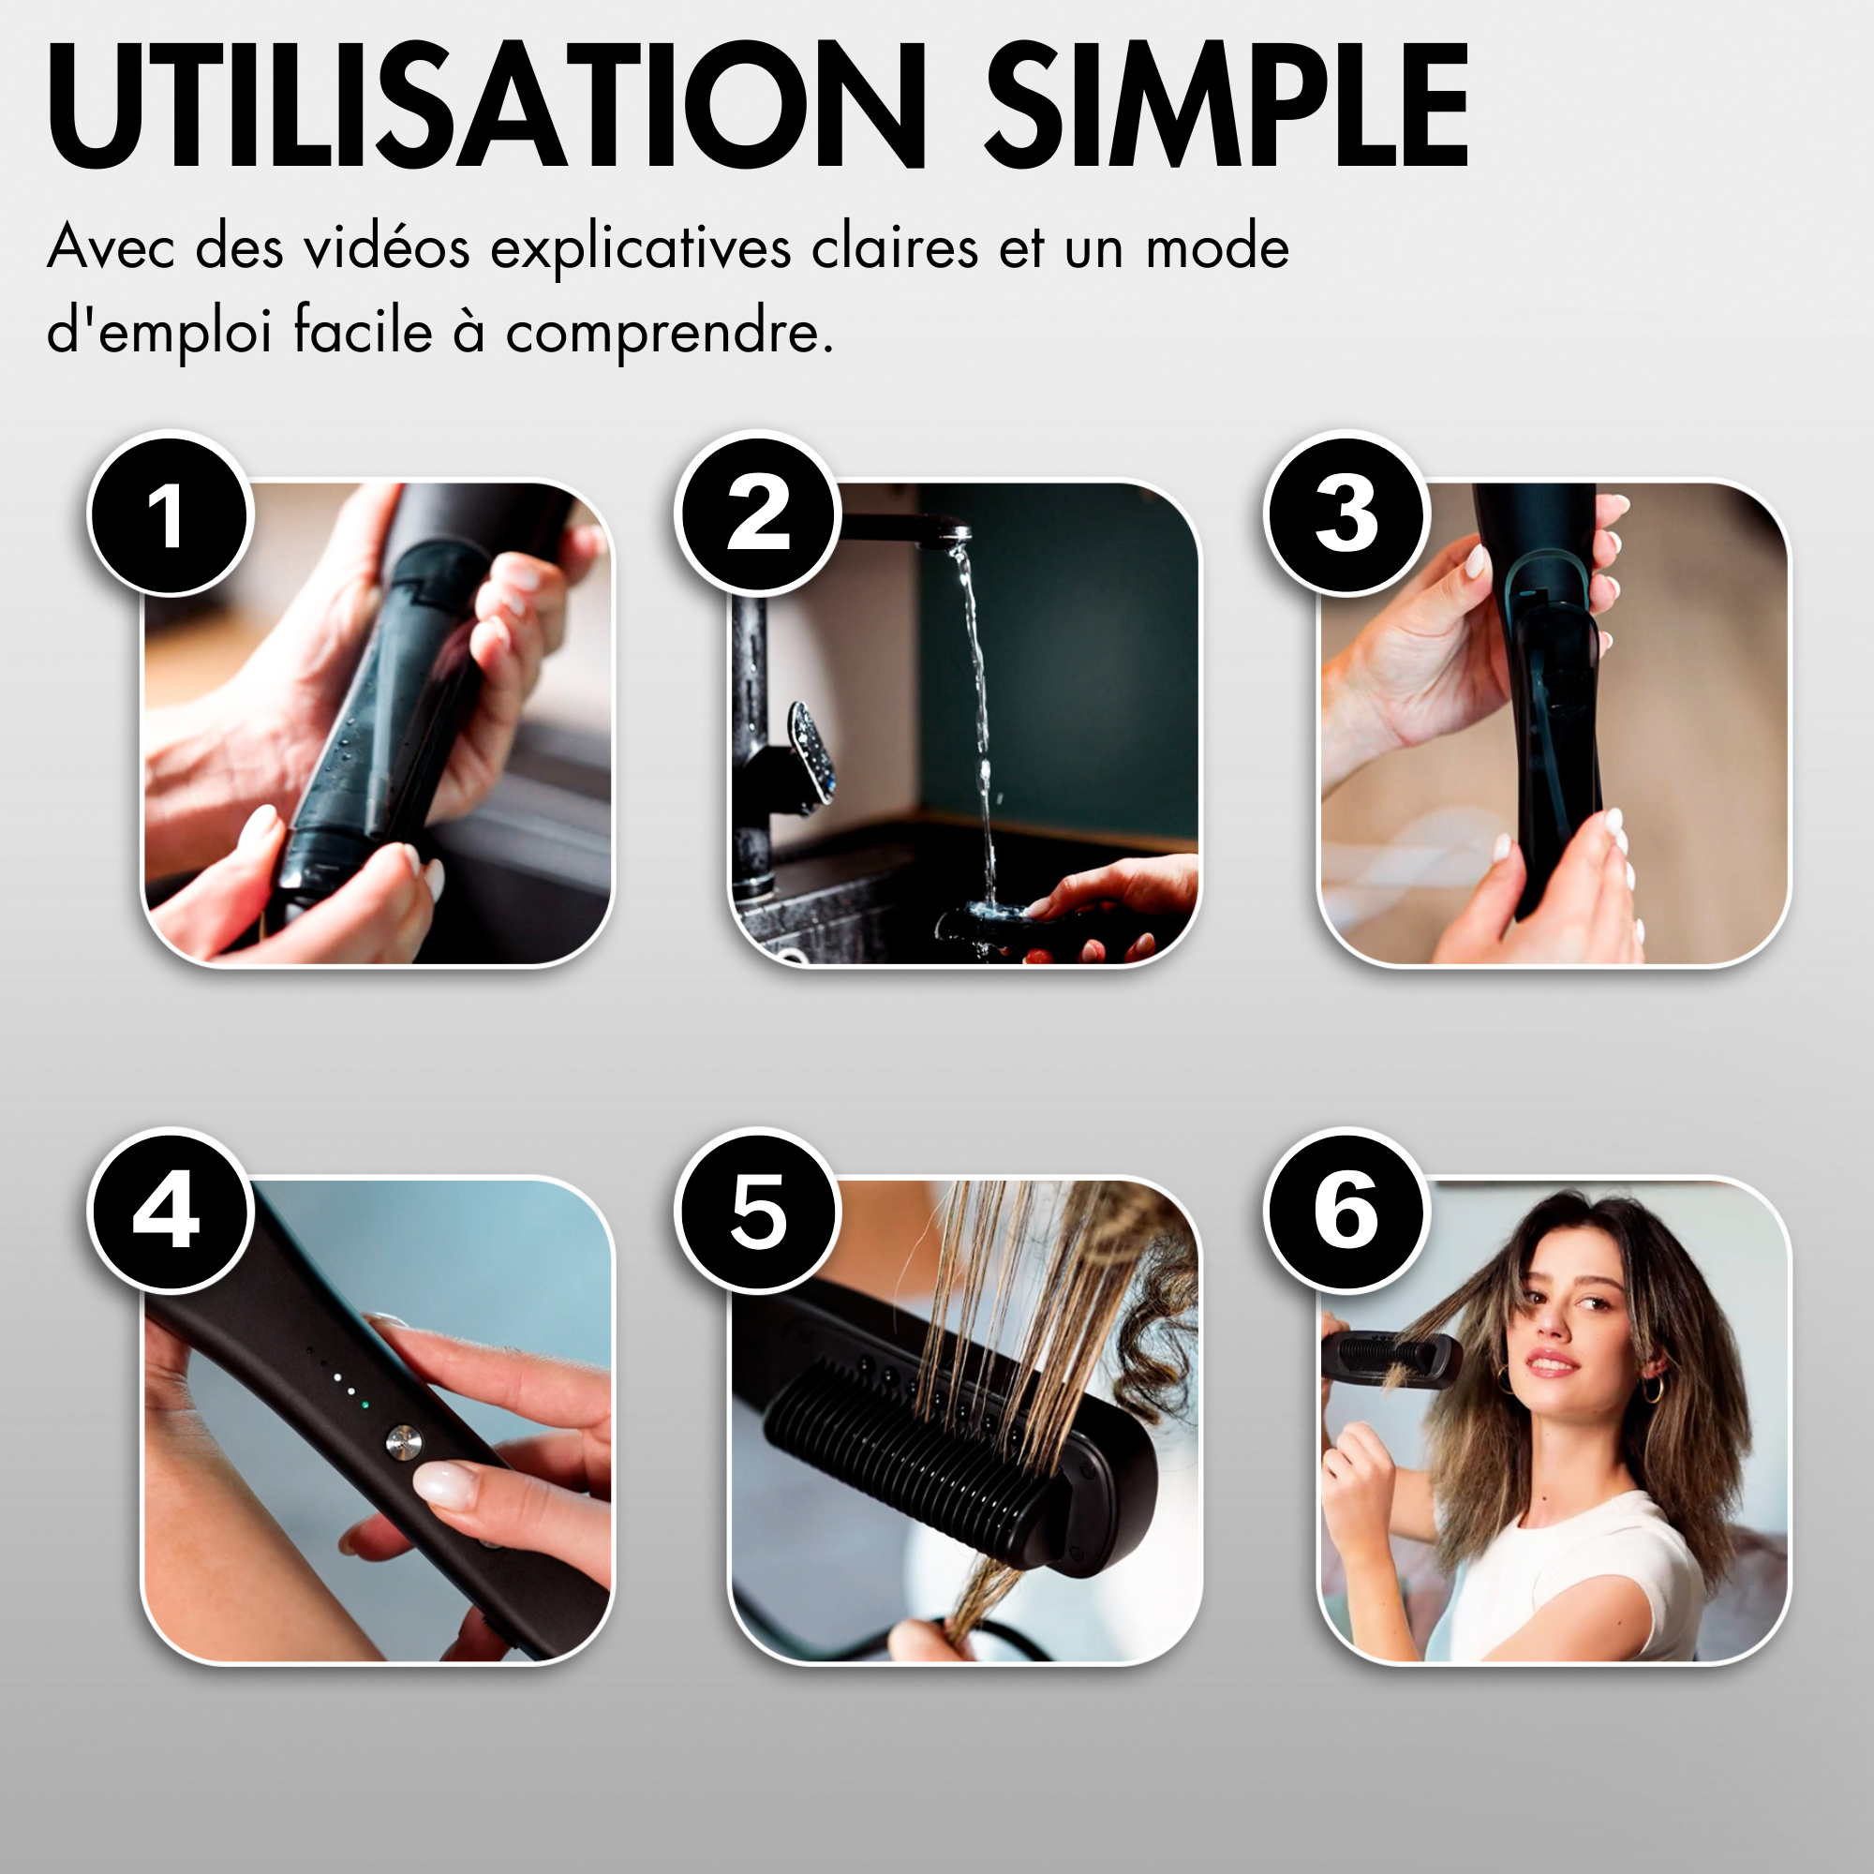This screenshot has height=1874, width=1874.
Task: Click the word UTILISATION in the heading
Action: [x=485, y=107]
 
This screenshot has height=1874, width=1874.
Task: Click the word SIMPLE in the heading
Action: [x=1227, y=107]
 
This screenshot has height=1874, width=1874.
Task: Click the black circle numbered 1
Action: [x=170, y=514]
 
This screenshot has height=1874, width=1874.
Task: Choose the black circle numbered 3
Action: [x=1346, y=514]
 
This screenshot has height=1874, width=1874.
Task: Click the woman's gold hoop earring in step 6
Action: [x=1650, y=1388]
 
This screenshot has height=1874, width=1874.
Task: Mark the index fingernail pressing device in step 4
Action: [x=447, y=1484]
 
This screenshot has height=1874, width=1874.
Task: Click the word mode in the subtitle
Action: [x=1217, y=247]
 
